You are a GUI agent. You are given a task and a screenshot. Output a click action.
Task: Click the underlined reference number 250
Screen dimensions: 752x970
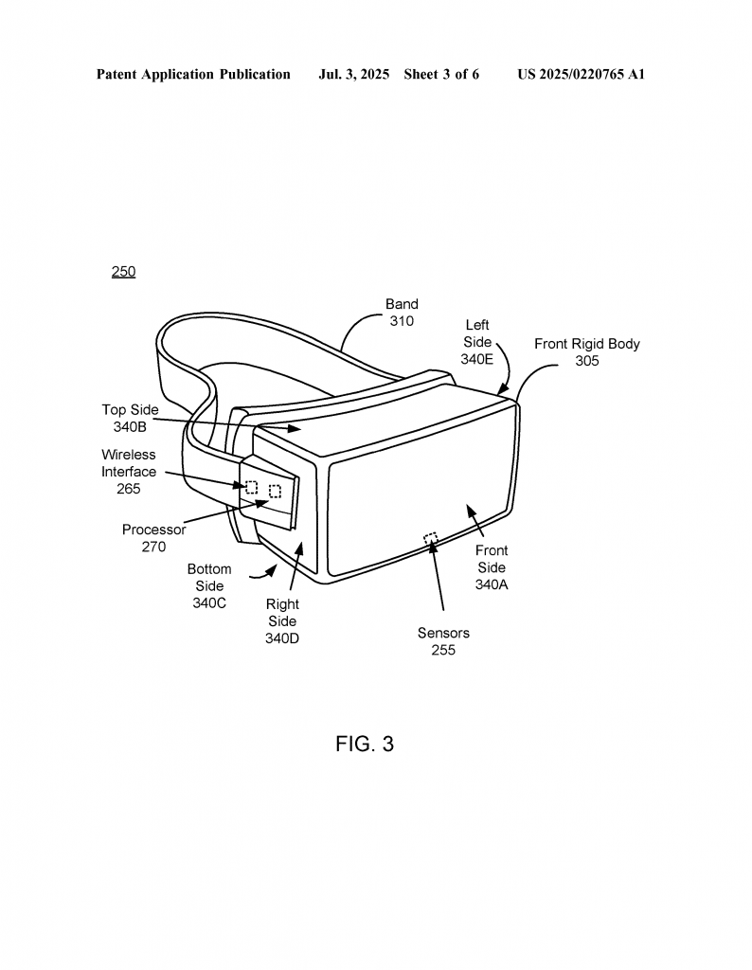click(x=124, y=272)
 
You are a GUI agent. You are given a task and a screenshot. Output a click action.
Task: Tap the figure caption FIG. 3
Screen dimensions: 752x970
click(x=365, y=744)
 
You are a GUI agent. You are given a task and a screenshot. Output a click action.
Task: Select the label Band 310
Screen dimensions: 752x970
click(x=402, y=313)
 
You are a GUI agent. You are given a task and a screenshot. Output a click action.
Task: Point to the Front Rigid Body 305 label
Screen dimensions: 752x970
click(x=587, y=352)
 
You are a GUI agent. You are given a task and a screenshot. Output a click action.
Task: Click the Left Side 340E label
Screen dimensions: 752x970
click(x=476, y=342)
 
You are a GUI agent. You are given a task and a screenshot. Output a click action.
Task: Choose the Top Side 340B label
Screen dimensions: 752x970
click(x=130, y=418)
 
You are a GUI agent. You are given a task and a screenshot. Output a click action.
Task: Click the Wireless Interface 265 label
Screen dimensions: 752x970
click(x=129, y=472)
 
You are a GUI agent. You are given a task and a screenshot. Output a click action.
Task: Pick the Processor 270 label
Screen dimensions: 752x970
click(x=154, y=538)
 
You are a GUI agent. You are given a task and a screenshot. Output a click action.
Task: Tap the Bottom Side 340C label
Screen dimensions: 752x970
click(x=209, y=585)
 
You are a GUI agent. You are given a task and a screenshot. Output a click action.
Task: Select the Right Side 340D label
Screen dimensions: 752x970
click(x=282, y=621)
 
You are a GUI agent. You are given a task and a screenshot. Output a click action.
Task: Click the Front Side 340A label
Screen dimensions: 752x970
click(x=492, y=567)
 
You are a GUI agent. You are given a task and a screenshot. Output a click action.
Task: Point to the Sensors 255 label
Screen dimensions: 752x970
click(x=443, y=641)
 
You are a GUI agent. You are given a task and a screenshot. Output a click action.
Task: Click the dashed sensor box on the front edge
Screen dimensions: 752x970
click(x=431, y=538)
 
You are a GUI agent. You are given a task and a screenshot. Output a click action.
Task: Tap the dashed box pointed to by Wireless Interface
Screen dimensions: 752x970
click(x=252, y=487)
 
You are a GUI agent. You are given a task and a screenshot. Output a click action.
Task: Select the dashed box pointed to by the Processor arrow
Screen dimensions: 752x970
click(x=276, y=492)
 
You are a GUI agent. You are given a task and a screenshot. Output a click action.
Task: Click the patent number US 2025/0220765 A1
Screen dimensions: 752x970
click(x=582, y=74)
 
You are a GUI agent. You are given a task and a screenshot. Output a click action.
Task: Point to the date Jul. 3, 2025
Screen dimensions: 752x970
click(x=353, y=74)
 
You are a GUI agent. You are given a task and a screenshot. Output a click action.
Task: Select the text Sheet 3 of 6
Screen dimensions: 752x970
click(x=441, y=74)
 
